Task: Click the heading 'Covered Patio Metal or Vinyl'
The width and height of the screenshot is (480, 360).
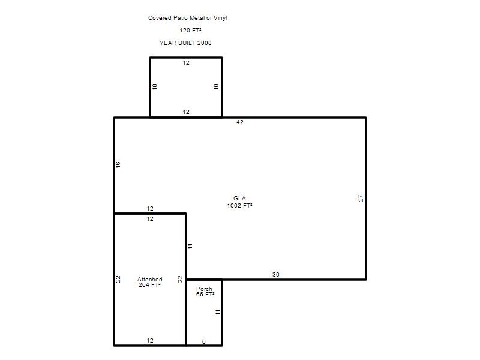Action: coord(187,18)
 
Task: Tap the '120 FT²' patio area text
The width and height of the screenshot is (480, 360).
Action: coord(190,31)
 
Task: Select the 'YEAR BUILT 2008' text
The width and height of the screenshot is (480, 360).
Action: coord(185,43)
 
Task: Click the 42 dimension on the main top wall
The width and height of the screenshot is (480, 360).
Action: coord(239,122)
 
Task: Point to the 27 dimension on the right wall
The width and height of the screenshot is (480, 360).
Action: coord(361,198)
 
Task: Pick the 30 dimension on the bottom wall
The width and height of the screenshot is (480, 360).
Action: coord(276,275)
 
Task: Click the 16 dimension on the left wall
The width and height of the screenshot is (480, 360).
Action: coord(118,164)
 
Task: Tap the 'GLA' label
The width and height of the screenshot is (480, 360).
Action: coord(239,199)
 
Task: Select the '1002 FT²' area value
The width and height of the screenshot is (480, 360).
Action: coord(239,205)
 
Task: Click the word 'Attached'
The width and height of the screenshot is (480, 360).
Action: coord(149,279)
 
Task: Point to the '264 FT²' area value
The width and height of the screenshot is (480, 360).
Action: coord(149,284)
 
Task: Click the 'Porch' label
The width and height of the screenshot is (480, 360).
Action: coord(204,289)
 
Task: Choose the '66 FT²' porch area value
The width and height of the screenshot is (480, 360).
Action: coord(205,294)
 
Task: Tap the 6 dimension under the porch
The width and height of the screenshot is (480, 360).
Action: coord(204,341)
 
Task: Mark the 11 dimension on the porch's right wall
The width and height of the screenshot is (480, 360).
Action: coord(217,312)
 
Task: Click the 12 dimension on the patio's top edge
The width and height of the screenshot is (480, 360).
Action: coord(186,63)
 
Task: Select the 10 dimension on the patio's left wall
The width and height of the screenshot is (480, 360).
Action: coord(155,86)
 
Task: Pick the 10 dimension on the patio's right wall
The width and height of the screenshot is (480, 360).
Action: coord(217,86)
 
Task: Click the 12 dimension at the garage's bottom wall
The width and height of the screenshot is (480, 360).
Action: coord(150,340)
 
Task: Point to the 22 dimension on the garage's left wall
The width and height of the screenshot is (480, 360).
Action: coord(118,279)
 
